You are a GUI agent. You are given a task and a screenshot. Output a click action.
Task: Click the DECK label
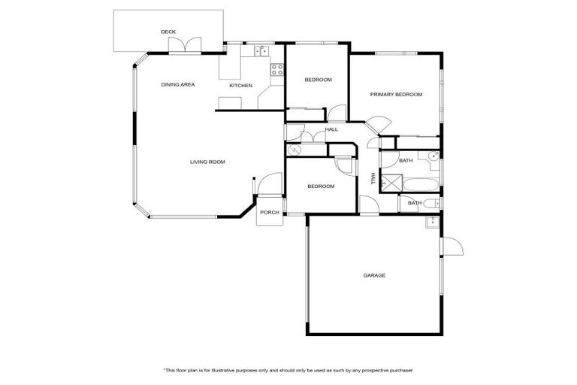168,32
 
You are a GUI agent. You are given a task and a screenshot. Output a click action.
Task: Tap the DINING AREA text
178,84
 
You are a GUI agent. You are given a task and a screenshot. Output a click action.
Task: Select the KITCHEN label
240,86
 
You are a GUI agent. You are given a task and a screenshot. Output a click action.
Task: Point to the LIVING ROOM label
207,162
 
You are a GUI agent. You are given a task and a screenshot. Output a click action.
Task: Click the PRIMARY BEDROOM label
396,95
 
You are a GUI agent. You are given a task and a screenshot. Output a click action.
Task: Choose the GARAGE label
374,275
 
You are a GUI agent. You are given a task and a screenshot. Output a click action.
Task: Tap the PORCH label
269,212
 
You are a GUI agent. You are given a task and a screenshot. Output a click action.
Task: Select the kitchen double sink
261,51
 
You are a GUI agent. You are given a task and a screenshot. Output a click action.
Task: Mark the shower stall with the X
388,181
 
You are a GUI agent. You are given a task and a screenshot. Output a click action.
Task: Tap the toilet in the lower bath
431,203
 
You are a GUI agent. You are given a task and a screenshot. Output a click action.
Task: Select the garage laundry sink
431,222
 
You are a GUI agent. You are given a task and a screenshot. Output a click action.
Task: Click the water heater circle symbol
293,150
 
